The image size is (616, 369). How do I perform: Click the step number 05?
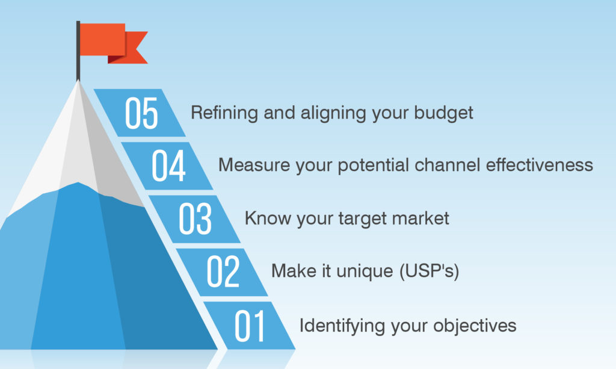pyautogui.click(x=141, y=114)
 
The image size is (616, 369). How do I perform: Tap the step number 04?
pyautogui.click(x=168, y=166)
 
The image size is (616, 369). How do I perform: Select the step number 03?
pyautogui.click(x=196, y=219)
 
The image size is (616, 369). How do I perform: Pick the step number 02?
pyautogui.click(x=223, y=271)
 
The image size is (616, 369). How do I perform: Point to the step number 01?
pyautogui.click(x=250, y=326)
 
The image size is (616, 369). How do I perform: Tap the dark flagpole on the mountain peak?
pyautogui.click(x=78, y=51)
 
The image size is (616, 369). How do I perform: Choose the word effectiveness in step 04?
pyautogui.click(x=540, y=165)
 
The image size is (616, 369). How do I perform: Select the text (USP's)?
pyautogui.click(x=429, y=271)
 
